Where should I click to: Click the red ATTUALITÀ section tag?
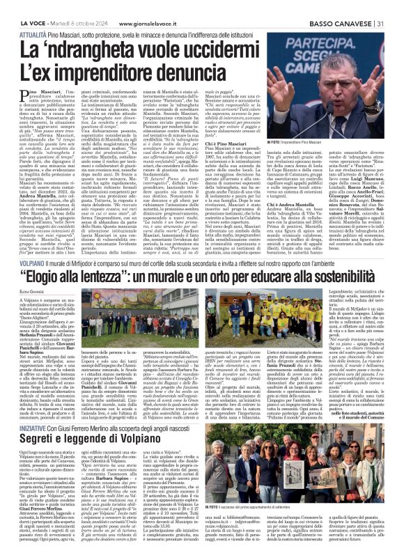[x=34, y=33]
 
